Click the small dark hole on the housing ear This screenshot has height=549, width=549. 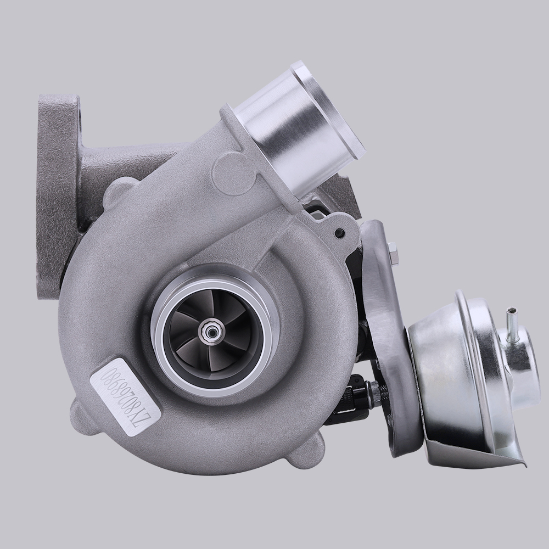340,233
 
